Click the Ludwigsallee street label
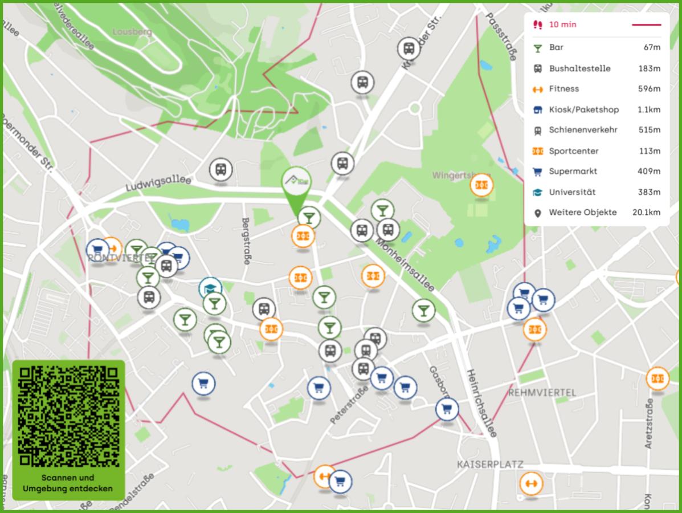(x=158, y=182)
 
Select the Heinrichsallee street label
(x=481, y=402)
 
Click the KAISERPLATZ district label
(x=490, y=465)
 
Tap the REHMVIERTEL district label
(x=542, y=393)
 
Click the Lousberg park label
(x=132, y=32)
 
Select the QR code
(x=68, y=416)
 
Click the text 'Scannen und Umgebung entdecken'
(x=68, y=483)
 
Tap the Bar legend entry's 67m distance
(x=652, y=47)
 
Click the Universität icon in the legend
(x=537, y=192)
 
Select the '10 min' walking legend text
(x=562, y=25)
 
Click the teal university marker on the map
(x=210, y=288)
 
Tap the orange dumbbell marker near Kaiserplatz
(x=531, y=483)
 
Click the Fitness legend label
(x=563, y=88)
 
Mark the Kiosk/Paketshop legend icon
(x=537, y=109)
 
